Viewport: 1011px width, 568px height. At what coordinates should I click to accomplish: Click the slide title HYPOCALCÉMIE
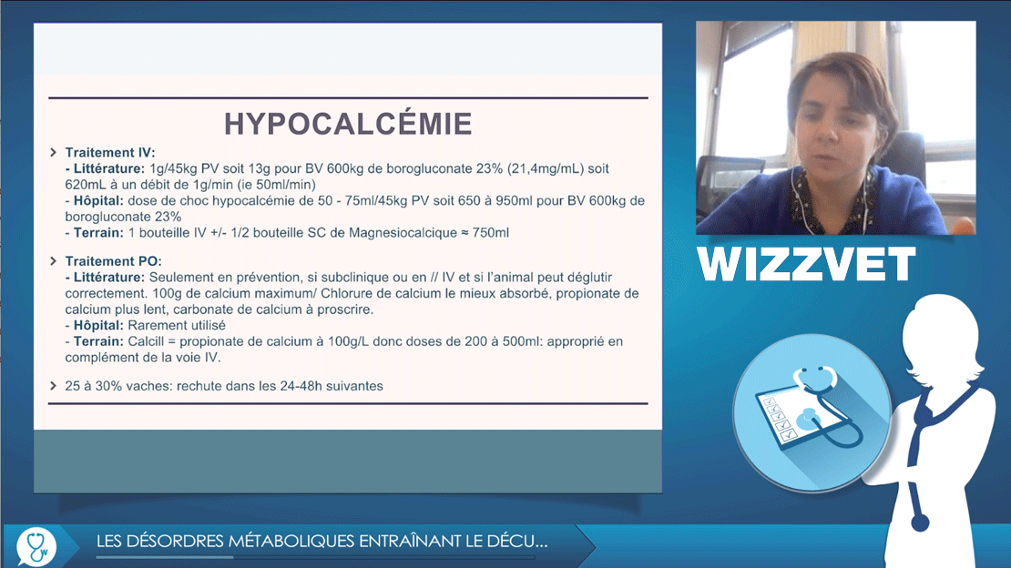pos(348,124)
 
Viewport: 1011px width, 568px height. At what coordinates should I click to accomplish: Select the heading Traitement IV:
pos(110,153)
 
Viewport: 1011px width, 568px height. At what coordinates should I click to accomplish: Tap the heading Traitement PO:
pos(114,261)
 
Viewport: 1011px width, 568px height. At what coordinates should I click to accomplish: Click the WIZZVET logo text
pos(807,263)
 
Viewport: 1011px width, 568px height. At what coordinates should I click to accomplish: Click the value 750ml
pos(491,233)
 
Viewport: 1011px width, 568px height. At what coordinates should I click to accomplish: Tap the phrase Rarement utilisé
pos(177,326)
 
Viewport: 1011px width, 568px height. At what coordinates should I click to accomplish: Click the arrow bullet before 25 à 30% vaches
pos(54,386)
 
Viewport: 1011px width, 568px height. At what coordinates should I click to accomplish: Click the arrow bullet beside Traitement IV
pos(54,152)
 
